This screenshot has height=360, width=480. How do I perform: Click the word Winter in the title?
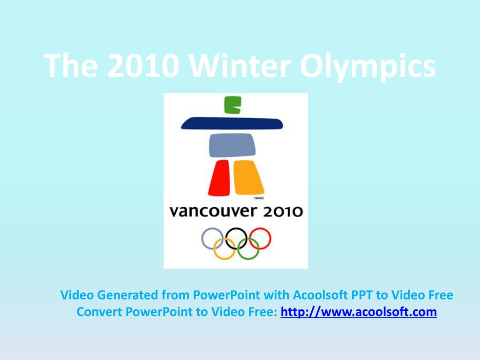click(x=240, y=66)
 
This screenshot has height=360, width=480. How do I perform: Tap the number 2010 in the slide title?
click(x=143, y=66)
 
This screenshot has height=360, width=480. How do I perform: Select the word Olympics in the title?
click(x=367, y=67)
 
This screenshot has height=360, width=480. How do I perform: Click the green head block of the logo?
click(x=233, y=105)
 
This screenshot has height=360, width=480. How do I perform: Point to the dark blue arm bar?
click(x=232, y=123)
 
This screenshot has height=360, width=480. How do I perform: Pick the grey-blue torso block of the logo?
click(x=232, y=145)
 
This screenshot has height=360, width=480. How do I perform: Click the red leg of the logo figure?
click(x=219, y=178)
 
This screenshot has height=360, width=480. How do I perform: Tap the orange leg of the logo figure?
click(x=248, y=177)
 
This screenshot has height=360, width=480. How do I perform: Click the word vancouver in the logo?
click(x=213, y=211)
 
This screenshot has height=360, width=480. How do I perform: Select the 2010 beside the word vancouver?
click(x=282, y=212)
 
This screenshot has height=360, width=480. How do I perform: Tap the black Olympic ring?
click(x=226, y=239)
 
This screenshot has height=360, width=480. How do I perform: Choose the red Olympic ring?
click(x=270, y=239)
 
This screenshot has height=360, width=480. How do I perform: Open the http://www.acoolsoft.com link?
click(x=359, y=312)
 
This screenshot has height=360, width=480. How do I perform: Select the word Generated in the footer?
click(x=127, y=295)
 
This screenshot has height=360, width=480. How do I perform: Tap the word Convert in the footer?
click(x=99, y=312)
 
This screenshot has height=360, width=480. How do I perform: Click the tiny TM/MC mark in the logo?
click(x=259, y=198)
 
